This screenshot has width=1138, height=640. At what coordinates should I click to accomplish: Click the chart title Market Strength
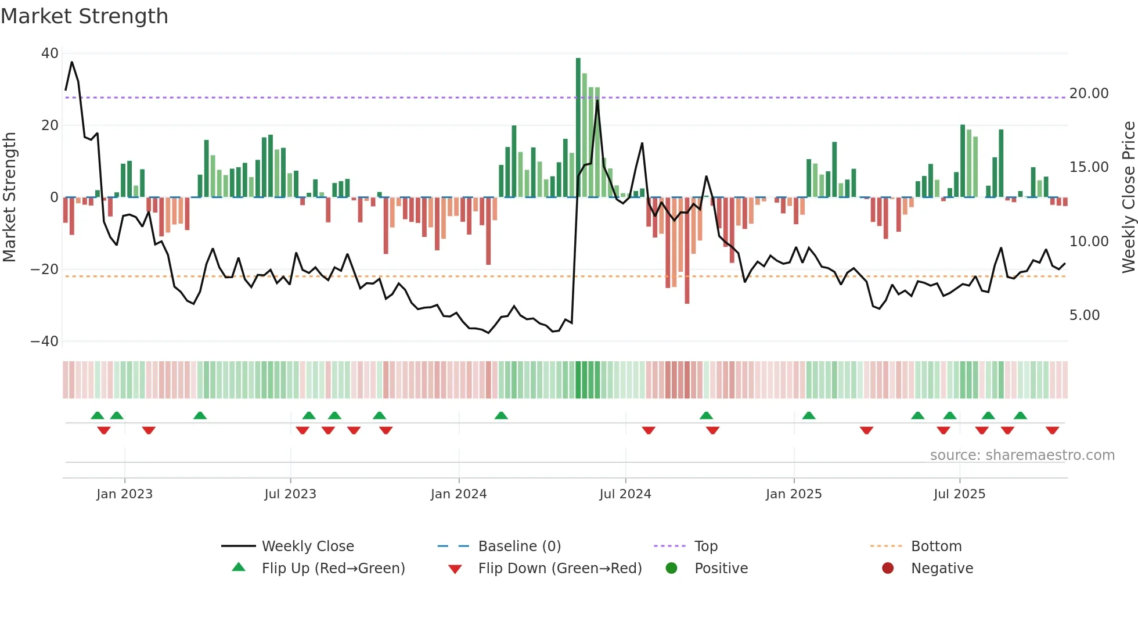(x=84, y=16)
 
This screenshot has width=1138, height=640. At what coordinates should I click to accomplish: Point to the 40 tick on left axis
(x=50, y=53)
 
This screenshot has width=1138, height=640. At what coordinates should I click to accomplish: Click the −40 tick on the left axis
(x=45, y=341)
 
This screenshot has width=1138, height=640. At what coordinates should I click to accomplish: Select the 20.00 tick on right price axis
(x=1089, y=94)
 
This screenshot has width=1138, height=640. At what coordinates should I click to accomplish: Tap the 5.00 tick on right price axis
(x=1084, y=315)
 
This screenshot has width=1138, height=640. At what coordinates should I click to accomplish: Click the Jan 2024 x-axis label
(x=458, y=494)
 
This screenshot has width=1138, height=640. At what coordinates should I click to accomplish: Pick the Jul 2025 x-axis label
(x=959, y=494)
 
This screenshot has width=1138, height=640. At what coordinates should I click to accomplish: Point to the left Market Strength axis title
(x=9, y=197)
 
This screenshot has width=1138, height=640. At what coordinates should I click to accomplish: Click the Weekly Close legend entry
(x=307, y=546)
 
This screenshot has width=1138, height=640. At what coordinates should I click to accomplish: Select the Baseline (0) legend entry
(x=519, y=546)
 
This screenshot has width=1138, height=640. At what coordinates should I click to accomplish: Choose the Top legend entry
(x=705, y=546)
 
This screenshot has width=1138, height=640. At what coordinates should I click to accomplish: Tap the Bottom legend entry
(x=936, y=546)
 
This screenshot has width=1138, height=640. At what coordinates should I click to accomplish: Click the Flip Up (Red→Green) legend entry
(x=333, y=569)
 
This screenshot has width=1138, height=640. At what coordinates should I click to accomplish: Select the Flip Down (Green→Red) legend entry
(x=559, y=569)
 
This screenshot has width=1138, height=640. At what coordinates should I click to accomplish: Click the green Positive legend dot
(x=672, y=569)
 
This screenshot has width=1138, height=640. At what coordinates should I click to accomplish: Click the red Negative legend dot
(x=888, y=569)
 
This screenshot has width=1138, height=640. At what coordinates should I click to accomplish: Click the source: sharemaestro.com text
(x=1022, y=455)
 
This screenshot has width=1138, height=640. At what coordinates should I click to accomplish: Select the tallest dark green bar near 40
(x=578, y=128)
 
